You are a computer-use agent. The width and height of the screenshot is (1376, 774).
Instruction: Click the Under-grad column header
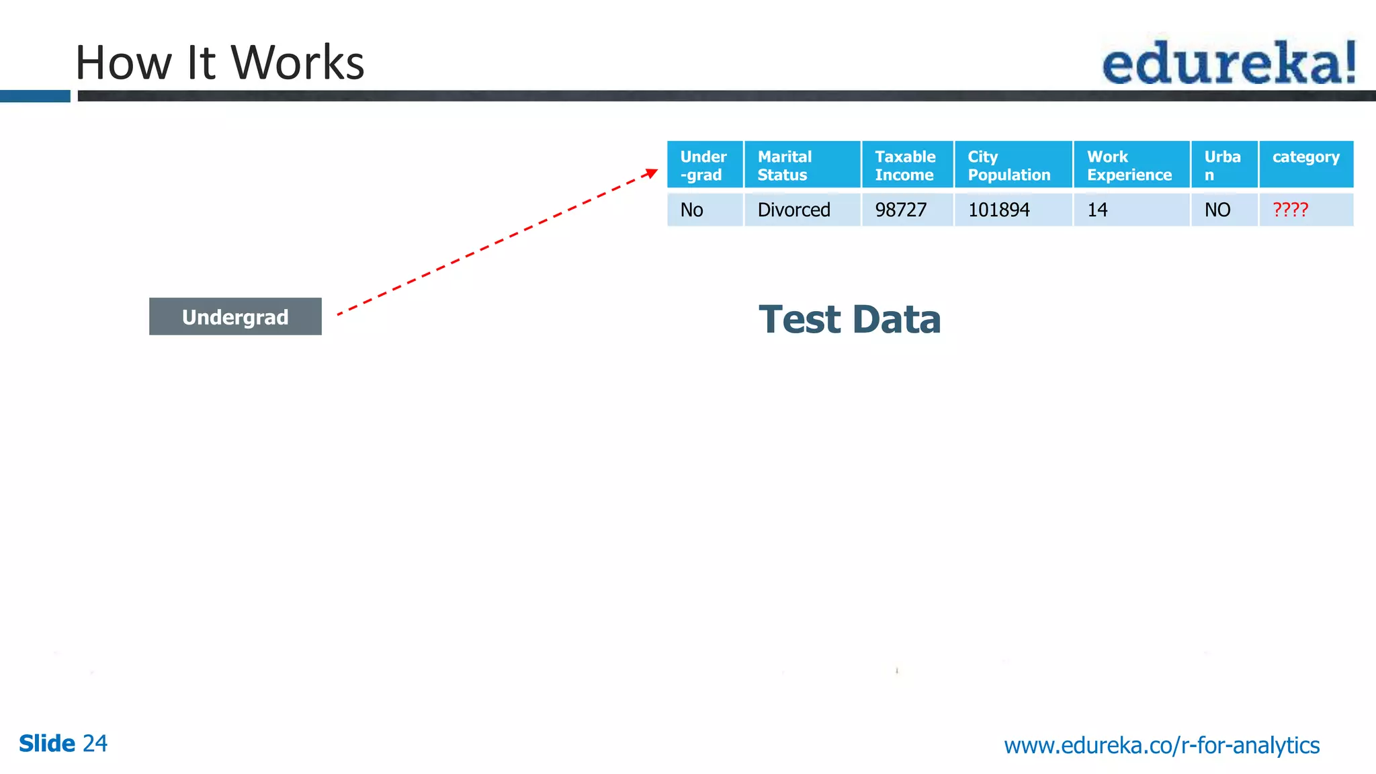704,165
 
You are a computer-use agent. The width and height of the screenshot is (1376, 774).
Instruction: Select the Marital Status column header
802,165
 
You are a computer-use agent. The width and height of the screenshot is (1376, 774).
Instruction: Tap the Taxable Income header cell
906,165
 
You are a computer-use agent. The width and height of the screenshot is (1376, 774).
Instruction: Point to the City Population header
1013,165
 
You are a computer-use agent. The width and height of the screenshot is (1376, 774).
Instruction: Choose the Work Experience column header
1131,165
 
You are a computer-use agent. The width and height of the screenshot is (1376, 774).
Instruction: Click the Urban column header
1223,165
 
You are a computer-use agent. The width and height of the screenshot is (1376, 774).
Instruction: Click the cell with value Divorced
794,210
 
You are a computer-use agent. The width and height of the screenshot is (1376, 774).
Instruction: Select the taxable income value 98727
901,210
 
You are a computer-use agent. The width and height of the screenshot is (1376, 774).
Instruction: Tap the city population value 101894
999,210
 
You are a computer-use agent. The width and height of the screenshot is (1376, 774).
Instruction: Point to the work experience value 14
1098,210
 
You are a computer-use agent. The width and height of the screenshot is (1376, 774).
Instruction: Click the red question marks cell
1291,210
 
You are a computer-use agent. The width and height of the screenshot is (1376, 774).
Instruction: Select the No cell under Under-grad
692,210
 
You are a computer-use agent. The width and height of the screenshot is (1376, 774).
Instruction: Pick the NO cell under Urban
1217,210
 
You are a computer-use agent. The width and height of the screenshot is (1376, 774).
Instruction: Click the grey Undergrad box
235,316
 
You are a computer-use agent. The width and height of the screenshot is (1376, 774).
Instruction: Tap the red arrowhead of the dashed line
651,173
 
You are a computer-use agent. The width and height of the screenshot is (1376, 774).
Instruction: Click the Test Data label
849,320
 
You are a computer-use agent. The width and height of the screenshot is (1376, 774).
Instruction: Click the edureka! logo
1229,62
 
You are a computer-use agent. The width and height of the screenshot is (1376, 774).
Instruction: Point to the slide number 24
95,744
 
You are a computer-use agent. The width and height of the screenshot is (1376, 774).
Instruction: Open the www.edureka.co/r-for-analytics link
1162,746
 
